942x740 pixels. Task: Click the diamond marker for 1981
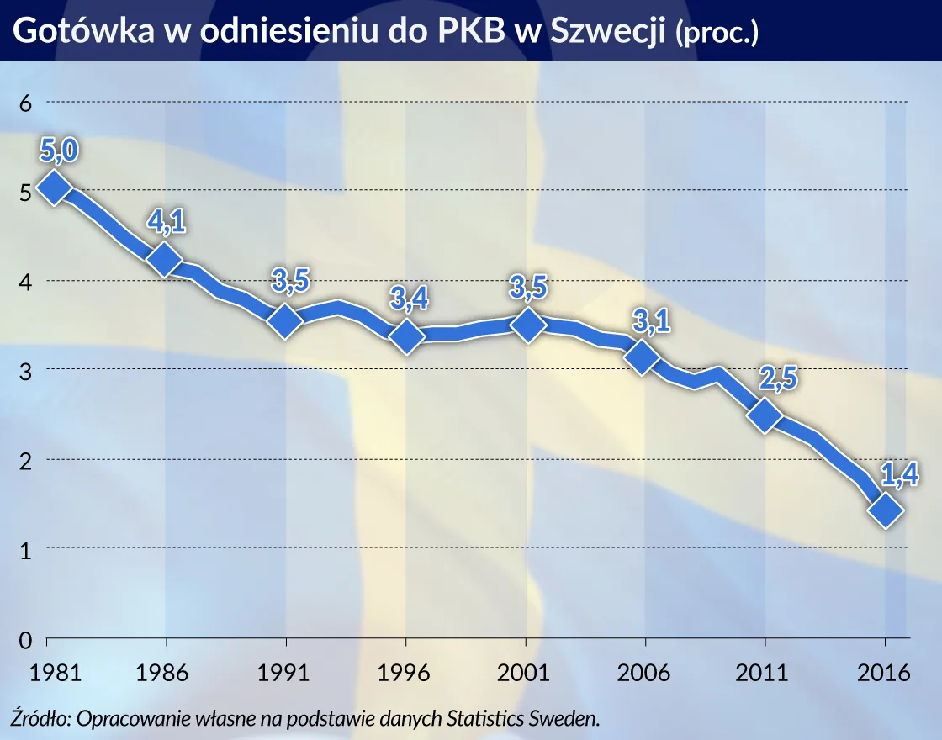click(53, 188)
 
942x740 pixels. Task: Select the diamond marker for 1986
click(166, 260)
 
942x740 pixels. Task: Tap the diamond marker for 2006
click(643, 357)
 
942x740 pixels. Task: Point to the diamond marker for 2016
click(886, 510)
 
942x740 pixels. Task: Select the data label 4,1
click(167, 222)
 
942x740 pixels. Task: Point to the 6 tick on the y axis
click(25, 103)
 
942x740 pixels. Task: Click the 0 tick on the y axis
click(25, 639)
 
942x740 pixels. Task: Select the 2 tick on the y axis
click(25, 460)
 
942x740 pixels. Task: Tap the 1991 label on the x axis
click(286, 674)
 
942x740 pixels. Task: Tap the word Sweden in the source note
click(570, 719)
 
